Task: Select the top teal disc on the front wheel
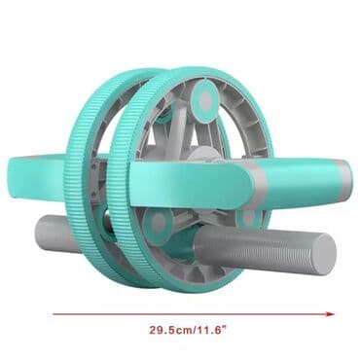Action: (x=204, y=97)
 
